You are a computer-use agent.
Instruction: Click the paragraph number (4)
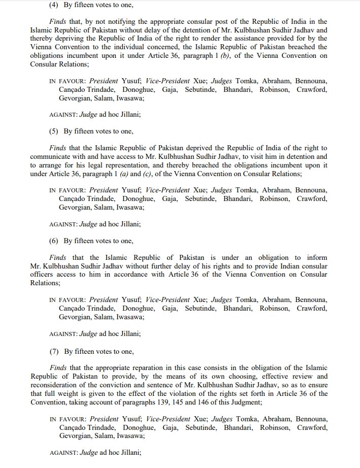tap(54, 6)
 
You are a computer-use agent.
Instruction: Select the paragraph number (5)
tap(54, 131)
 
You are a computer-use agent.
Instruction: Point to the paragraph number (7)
tap(54, 351)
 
